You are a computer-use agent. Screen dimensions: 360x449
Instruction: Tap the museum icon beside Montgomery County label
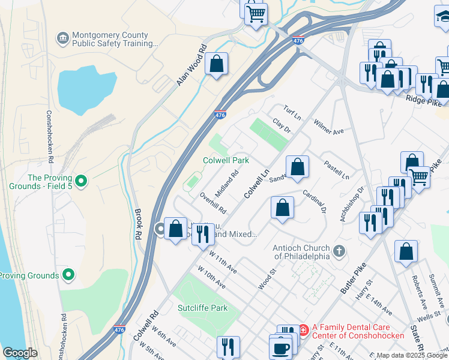[62, 39]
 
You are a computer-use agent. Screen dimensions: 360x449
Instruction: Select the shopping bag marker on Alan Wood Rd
[216, 64]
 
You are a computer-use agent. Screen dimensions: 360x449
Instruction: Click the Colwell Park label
[226, 160]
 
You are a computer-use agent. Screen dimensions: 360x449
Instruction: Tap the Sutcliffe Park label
[202, 308]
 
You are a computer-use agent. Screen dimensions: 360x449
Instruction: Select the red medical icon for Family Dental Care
[303, 329]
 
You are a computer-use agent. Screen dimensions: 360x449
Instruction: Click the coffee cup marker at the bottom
[280, 348]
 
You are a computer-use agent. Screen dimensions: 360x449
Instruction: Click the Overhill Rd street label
[213, 203]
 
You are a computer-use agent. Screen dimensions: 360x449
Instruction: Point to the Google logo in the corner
[20, 353]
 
